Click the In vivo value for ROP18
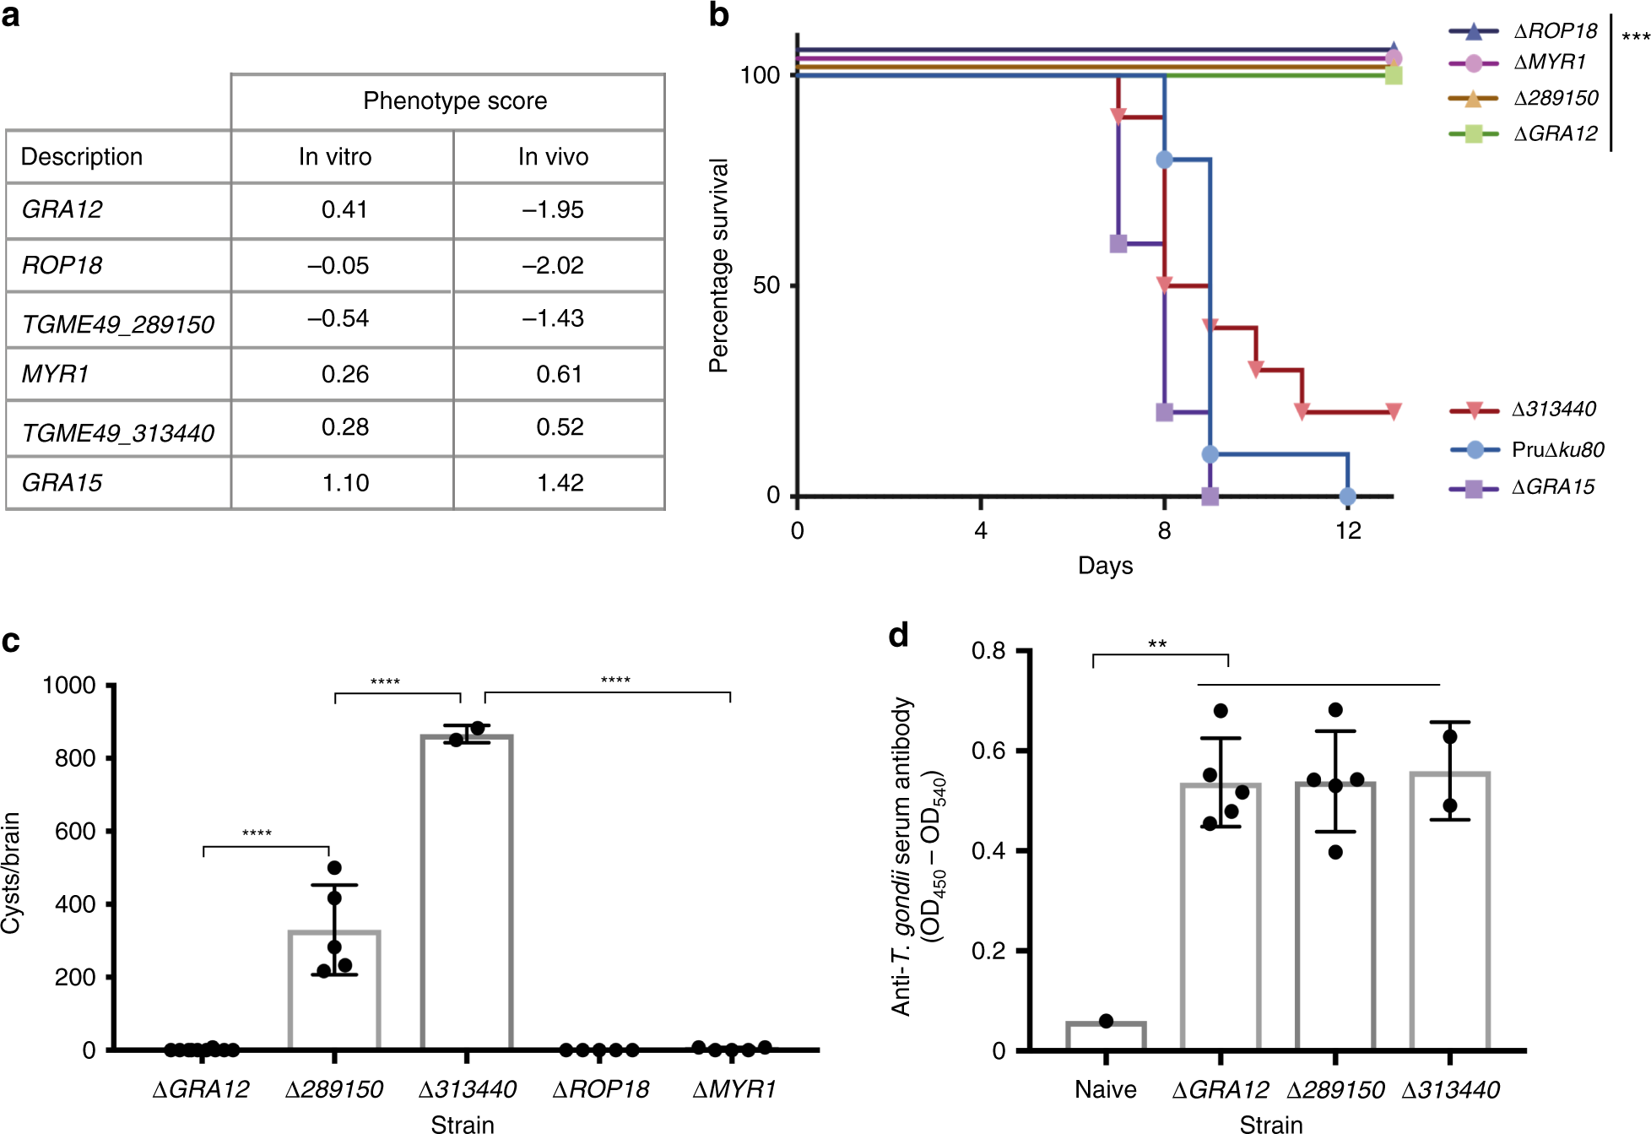point(553,265)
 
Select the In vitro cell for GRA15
point(345,483)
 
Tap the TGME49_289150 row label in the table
point(118,324)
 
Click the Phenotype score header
point(455,101)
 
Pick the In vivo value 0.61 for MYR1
point(559,374)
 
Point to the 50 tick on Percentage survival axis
point(766,285)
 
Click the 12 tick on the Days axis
point(1348,531)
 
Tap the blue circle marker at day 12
point(1348,496)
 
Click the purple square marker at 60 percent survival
point(1118,244)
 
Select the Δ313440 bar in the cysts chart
point(467,891)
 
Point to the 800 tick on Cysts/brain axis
point(75,758)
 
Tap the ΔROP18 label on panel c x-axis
point(600,1089)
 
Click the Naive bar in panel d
point(1106,1036)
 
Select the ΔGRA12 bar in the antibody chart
point(1221,916)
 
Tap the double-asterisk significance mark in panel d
point(1157,645)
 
